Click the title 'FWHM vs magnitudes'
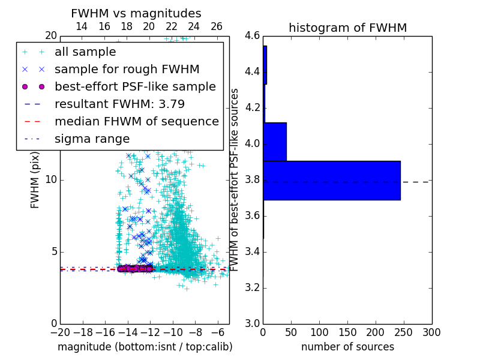136,14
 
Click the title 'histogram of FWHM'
347,28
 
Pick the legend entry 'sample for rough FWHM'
127,69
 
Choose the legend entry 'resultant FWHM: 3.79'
119,104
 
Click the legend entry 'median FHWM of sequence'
136,121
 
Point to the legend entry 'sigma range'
92,139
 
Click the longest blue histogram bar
331,181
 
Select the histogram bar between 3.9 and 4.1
274,142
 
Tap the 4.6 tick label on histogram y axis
252,36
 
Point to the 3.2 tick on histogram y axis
252,287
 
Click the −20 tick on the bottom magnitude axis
60,332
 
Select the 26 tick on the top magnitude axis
217,26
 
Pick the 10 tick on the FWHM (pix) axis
51,179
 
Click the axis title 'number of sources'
347,347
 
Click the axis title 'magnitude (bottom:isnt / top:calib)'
145,347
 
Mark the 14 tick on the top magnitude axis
82,26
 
